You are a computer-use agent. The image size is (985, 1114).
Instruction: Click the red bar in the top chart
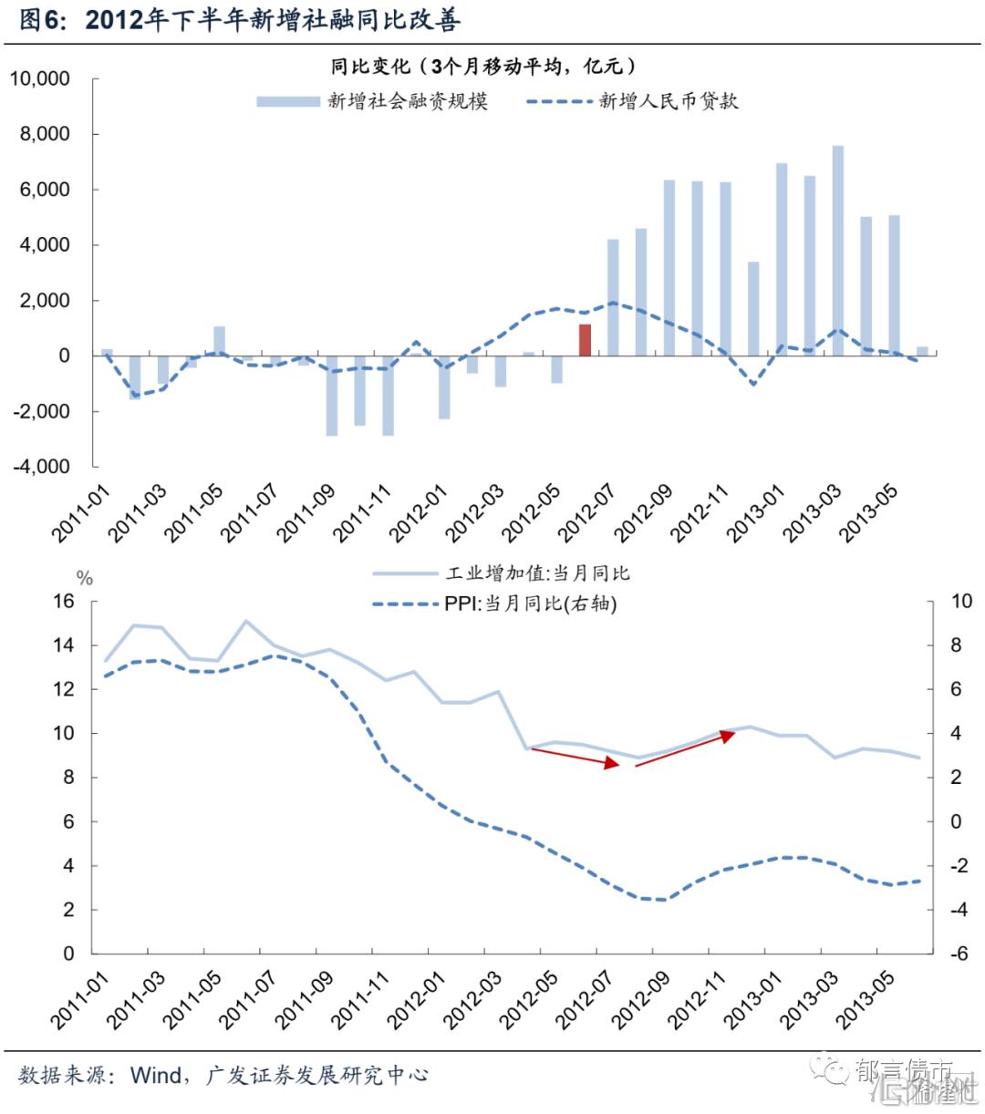(585, 339)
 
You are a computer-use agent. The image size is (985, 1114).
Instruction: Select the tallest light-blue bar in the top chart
(837, 250)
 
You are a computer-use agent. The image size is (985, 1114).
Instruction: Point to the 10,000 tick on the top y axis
(40, 79)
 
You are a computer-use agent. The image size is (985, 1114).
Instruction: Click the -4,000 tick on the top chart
(40, 467)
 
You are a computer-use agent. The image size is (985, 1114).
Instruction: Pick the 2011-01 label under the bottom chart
(79, 1000)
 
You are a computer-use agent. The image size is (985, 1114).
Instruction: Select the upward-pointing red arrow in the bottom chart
(684, 749)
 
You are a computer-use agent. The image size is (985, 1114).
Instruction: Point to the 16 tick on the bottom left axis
(63, 602)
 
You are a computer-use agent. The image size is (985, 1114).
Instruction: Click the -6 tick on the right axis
(960, 954)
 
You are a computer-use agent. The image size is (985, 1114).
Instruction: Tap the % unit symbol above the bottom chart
(84, 578)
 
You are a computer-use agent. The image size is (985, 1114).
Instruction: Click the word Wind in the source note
(156, 1076)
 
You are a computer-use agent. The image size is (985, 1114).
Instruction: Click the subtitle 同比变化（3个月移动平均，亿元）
(482, 66)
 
